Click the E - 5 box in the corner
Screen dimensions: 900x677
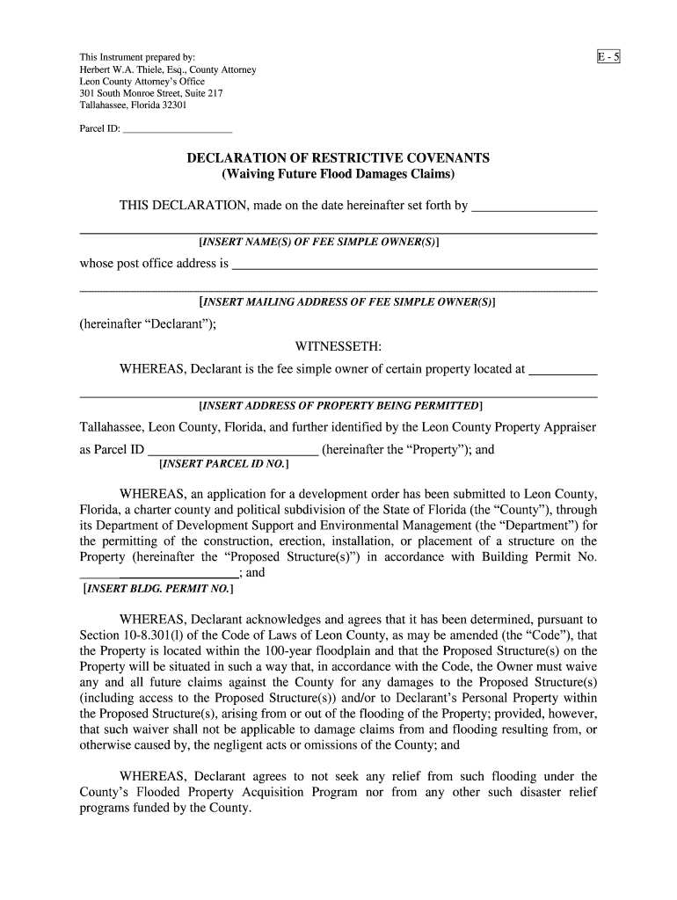pos(609,58)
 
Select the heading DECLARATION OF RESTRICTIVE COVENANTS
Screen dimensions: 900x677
pos(338,158)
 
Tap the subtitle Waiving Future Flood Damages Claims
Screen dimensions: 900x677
pos(338,175)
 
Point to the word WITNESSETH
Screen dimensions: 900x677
pos(338,346)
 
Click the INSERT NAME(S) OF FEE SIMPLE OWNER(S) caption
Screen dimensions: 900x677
pos(320,242)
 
